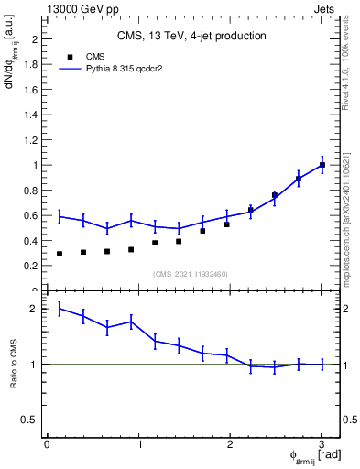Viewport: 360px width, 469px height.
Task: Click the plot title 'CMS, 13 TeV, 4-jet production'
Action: point(191,37)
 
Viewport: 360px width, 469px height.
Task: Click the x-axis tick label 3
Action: point(322,444)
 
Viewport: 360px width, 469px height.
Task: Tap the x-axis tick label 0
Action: point(47,444)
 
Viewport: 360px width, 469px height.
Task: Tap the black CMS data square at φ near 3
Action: point(322,165)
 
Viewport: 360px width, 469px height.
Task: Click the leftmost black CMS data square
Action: point(60,254)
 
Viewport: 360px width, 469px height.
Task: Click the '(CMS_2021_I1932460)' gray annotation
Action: point(191,274)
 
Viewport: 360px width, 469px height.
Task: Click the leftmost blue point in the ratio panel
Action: point(60,309)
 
